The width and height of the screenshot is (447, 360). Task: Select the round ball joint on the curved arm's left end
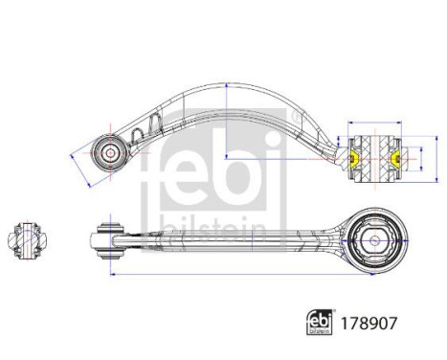(109, 151)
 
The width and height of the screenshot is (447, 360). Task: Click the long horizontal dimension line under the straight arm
(239, 273)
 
